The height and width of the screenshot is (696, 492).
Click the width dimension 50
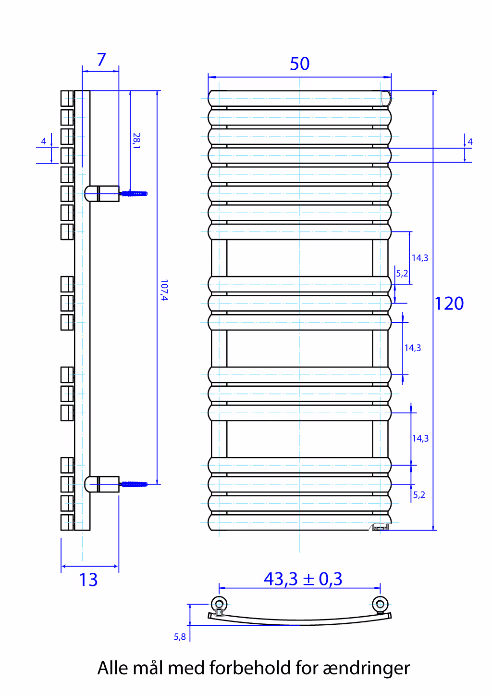299,63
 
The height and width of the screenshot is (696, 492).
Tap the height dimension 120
449,304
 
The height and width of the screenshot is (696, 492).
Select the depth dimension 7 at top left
101,59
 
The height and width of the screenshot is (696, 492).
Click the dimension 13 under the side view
88,580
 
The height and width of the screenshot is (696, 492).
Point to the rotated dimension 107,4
164,290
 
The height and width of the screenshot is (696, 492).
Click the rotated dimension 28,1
136,141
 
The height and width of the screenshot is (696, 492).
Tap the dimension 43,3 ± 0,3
303,579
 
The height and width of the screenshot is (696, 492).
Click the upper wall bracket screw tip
147,193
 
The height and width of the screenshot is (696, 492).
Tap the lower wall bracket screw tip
147,484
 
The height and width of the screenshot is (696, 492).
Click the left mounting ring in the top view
219,604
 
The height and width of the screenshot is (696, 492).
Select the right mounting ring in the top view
380,604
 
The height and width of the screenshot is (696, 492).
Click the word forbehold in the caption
250,668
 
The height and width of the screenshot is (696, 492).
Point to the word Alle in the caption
113,668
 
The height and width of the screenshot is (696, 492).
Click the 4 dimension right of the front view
470,142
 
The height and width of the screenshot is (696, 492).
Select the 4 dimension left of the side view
44,141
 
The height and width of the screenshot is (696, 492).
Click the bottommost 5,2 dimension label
419,494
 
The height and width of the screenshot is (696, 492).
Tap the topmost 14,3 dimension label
420,258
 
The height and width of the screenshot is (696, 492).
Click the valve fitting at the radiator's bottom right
380,527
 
